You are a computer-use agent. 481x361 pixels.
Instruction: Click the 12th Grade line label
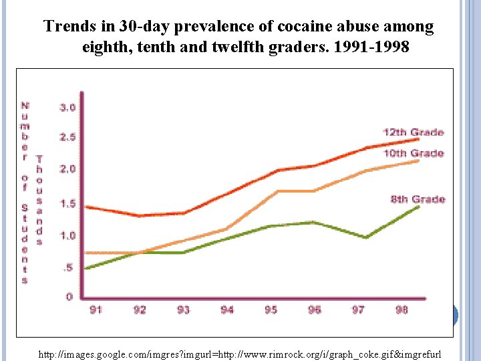click(x=412, y=132)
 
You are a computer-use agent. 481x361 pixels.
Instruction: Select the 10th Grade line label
click(x=412, y=154)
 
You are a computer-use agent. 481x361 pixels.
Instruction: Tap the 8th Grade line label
click(x=418, y=199)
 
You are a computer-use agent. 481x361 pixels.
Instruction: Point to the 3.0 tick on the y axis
click(x=67, y=108)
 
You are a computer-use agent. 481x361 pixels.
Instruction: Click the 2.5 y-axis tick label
click(x=67, y=138)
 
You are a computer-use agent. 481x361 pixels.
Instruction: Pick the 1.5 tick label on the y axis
click(x=67, y=204)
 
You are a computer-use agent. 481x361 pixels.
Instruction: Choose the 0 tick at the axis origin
click(x=69, y=297)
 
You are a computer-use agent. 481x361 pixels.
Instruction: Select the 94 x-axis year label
click(x=227, y=310)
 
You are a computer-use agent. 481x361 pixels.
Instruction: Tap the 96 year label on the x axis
click(x=314, y=310)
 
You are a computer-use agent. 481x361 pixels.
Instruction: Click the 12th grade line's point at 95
click(x=277, y=170)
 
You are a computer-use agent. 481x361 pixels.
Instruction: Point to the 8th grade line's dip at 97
click(x=366, y=237)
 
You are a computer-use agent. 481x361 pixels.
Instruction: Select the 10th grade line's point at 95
click(x=277, y=191)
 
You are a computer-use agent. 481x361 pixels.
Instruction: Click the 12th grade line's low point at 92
click(x=138, y=216)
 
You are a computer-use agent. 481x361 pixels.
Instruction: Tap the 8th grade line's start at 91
click(x=86, y=268)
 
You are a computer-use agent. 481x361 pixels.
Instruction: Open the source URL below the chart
click(x=240, y=352)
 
